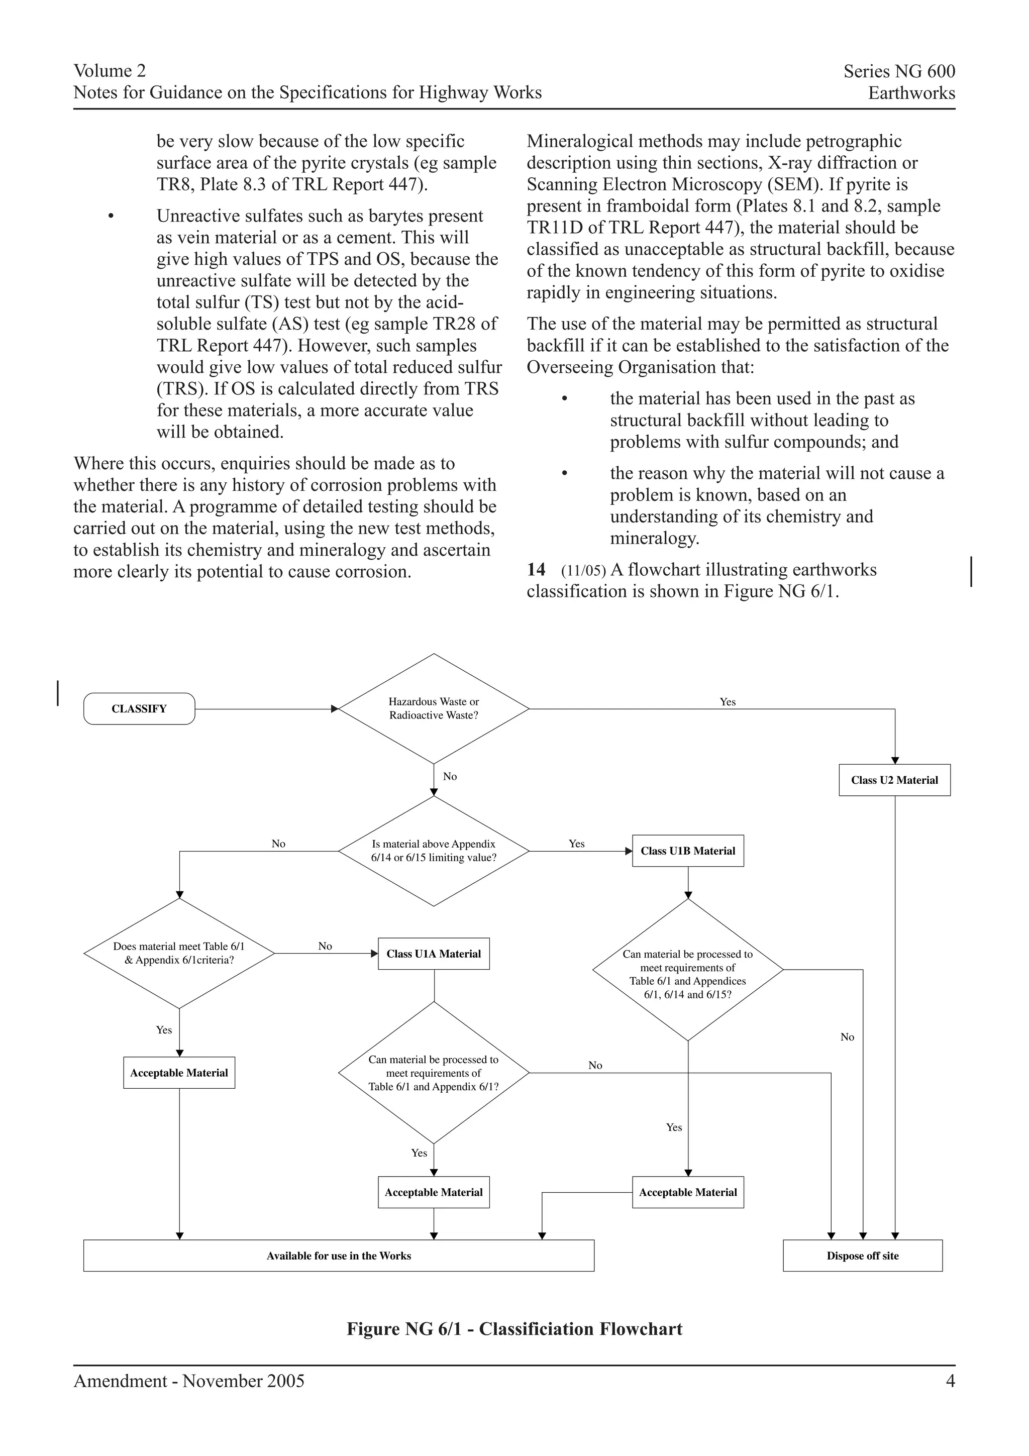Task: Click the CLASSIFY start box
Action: tap(139, 708)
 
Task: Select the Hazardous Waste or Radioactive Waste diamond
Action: tap(434, 708)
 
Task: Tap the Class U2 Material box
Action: tap(894, 780)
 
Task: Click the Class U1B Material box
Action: tap(688, 851)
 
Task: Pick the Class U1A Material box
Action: tap(434, 954)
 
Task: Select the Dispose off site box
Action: tap(862, 1256)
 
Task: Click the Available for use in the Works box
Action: tap(339, 1256)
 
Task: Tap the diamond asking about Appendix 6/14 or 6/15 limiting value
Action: tap(434, 851)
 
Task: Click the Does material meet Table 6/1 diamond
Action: tap(179, 953)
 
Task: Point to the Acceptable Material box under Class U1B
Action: tap(688, 1192)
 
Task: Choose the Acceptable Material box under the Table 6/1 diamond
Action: tap(179, 1073)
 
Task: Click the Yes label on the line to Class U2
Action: tap(727, 701)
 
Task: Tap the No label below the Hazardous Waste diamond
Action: tap(450, 776)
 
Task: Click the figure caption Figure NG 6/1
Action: tap(514, 1329)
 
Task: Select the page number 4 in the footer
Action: tap(950, 1381)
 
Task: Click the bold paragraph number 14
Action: tap(536, 569)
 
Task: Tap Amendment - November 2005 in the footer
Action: tap(189, 1381)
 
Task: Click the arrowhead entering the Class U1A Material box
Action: tap(374, 954)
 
